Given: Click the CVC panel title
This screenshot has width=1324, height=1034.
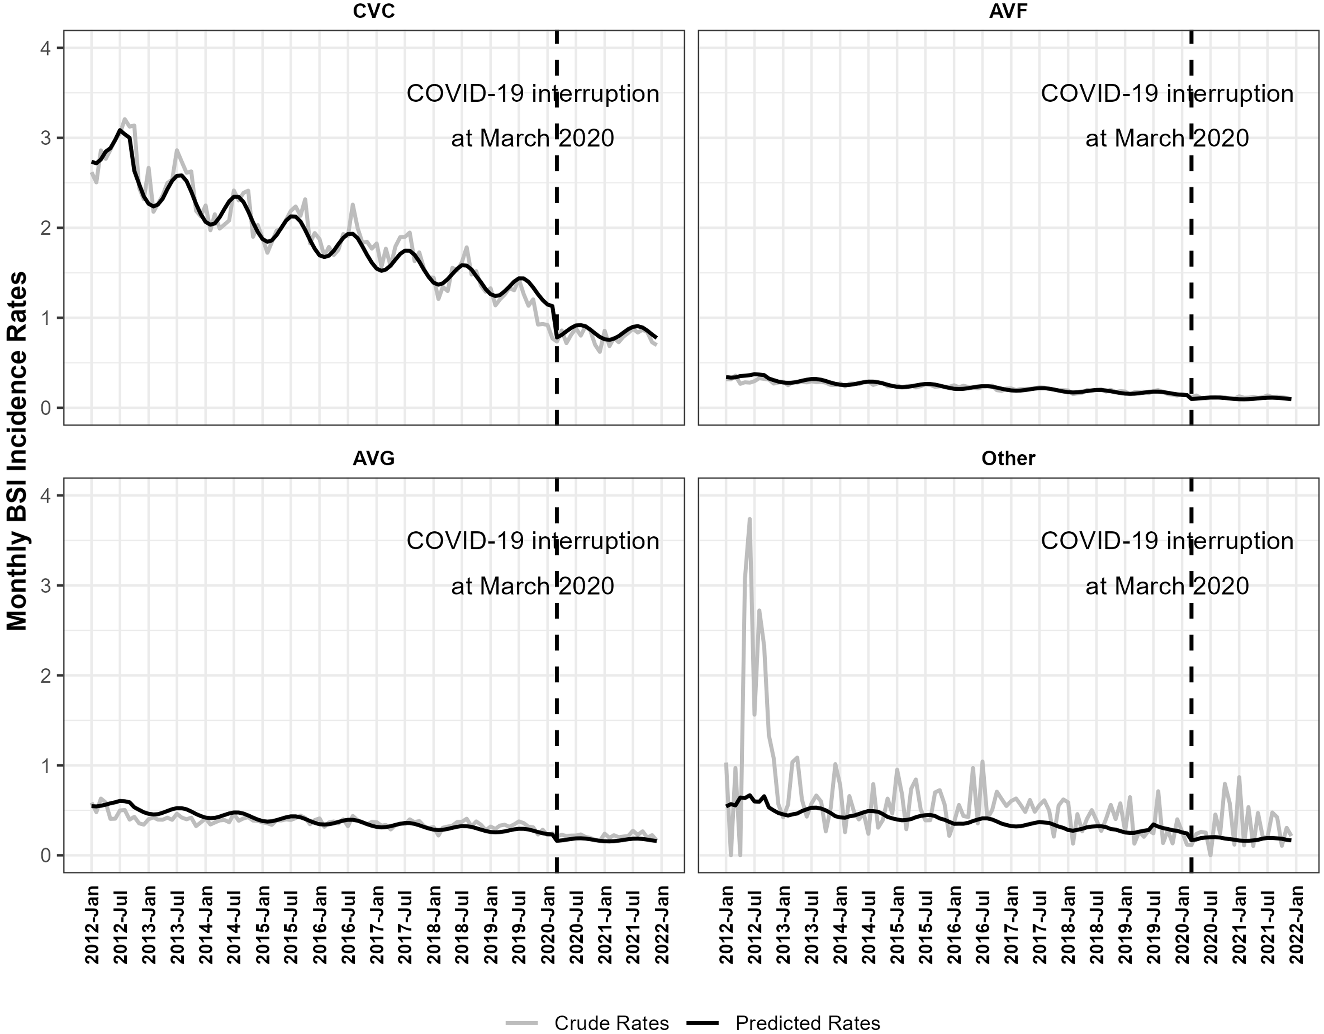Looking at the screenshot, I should coord(374,11).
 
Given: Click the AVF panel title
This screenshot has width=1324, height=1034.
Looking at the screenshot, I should coord(1008,11).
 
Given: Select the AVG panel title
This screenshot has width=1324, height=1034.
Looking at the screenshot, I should coord(374,458).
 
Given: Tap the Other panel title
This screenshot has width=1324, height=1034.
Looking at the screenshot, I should coord(1008,458).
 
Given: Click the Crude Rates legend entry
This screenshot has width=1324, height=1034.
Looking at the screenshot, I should coord(611,1023).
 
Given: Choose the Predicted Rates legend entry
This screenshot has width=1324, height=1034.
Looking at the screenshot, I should coord(807,1023).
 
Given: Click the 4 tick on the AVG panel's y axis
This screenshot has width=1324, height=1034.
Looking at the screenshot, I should coord(46,496).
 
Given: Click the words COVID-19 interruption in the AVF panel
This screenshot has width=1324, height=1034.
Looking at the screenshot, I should coord(1167,94).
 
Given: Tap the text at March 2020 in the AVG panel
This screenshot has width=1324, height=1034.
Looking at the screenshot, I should coord(532,586).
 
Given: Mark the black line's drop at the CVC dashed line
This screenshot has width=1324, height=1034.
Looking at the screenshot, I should coord(555,321).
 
